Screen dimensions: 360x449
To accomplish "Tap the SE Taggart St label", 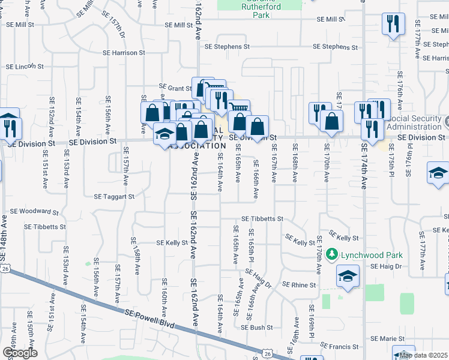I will [114, 196].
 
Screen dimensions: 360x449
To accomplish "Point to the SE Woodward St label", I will [34, 212].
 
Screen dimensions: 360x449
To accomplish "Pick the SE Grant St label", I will [175, 88].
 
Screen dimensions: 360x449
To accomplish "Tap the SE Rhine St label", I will [299, 284].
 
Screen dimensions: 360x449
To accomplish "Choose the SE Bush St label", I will [257, 328].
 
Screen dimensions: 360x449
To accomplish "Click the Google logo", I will [19, 353].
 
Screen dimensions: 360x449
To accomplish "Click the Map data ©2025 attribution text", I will [423, 355].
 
